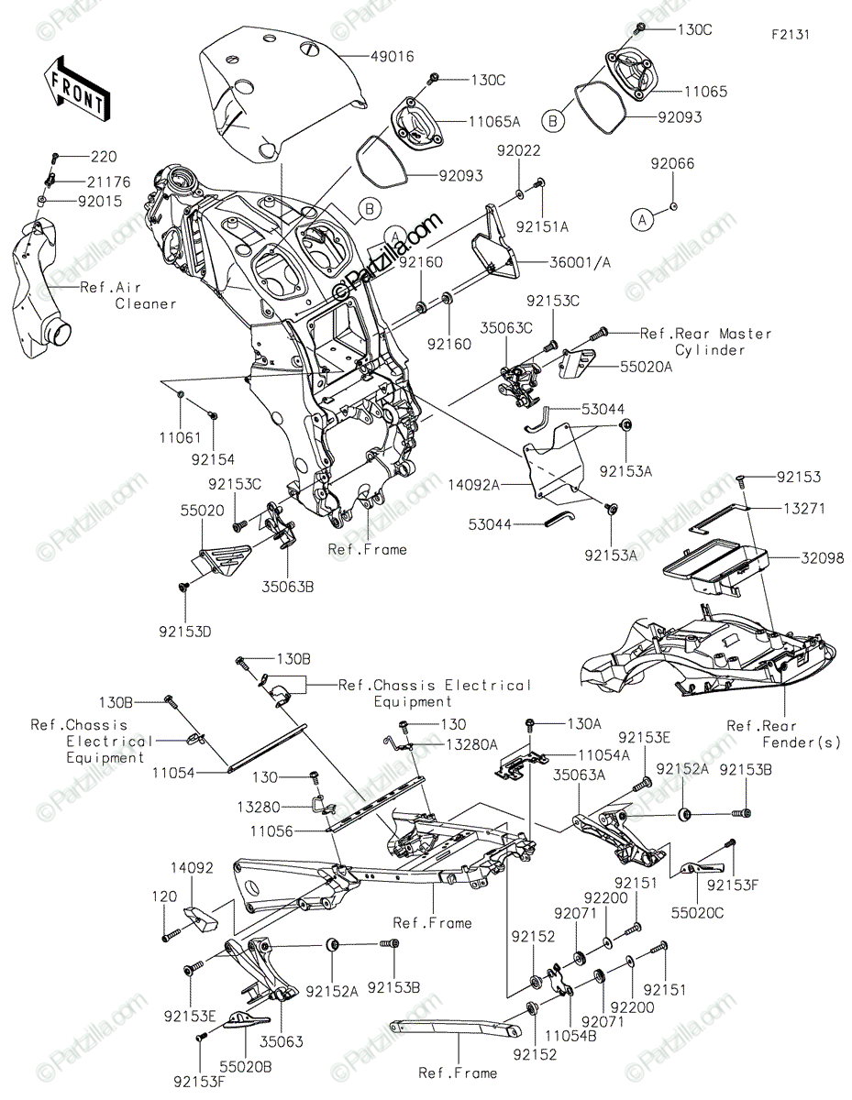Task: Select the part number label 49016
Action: [x=392, y=56]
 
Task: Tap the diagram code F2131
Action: [x=791, y=35]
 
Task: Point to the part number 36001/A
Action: [x=581, y=262]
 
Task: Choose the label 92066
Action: [x=672, y=163]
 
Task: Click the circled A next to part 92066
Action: [x=642, y=220]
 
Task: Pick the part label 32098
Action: [x=822, y=558]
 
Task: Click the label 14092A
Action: [x=473, y=485]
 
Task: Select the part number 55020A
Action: [x=646, y=367]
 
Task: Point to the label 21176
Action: [x=108, y=181]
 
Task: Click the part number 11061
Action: [x=181, y=437]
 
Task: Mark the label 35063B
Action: [x=288, y=587]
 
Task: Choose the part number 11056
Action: [x=271, y=831]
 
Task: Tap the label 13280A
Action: [x=471, y=744]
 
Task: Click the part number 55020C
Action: [x=697, y=912]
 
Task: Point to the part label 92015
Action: [x=100, y=202]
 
